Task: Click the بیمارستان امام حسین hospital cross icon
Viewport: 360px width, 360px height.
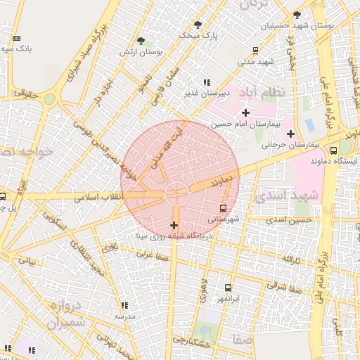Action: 245,113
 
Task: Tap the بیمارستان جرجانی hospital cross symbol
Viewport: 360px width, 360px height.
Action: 290,134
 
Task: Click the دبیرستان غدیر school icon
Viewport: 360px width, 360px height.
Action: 206,82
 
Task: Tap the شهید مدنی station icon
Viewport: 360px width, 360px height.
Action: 255,51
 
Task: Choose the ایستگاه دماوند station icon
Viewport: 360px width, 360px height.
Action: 343,149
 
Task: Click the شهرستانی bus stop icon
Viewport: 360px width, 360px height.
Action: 224,208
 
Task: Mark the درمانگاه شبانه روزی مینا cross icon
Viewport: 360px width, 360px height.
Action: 174,226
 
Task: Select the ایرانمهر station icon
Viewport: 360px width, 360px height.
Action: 228,288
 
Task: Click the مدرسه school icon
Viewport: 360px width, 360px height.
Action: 124,306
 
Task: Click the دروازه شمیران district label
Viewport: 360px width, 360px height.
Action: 68,314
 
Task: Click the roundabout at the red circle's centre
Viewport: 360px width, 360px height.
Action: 176,191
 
